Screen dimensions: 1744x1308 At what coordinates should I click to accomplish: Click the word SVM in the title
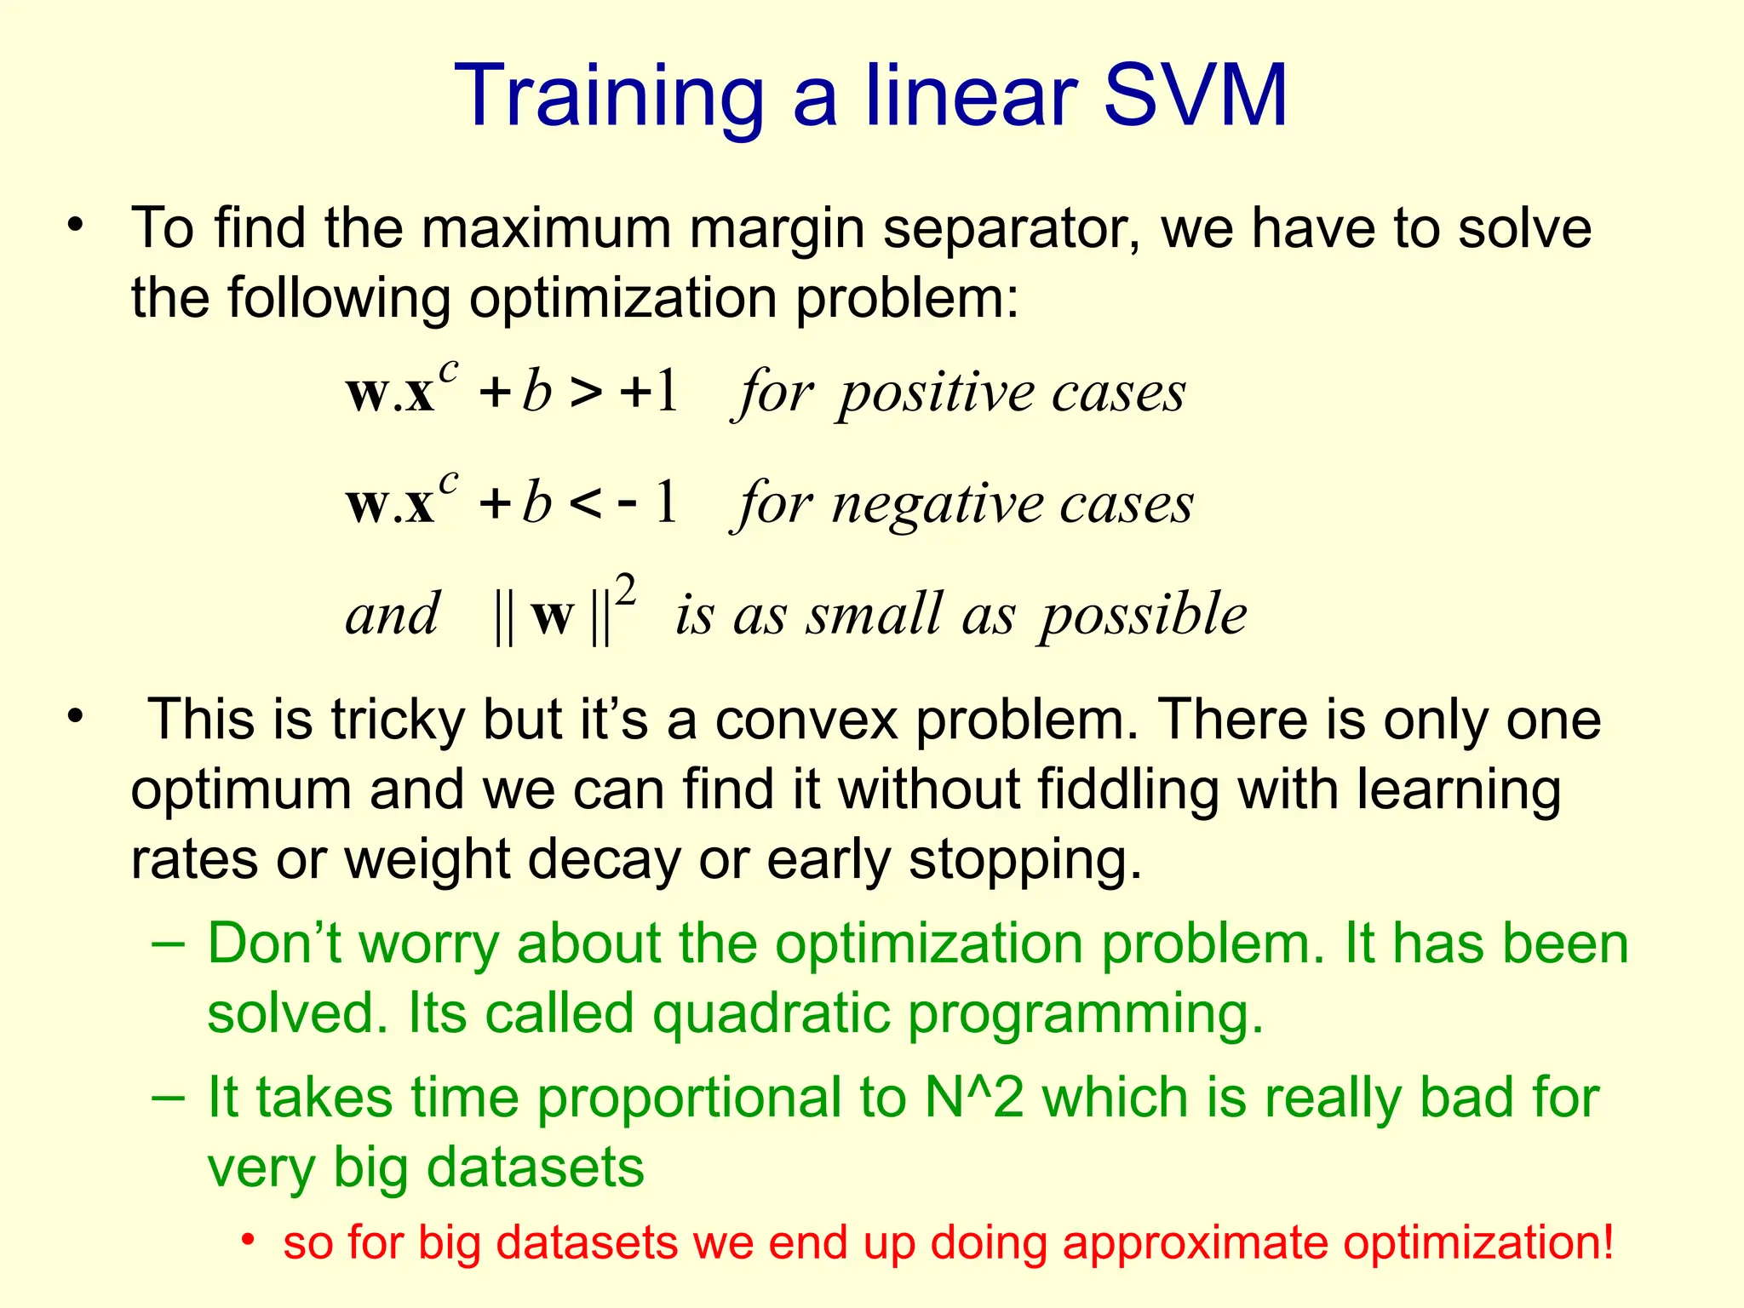coord(1195,95)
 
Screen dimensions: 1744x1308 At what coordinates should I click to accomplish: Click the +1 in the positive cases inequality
coord(650,393)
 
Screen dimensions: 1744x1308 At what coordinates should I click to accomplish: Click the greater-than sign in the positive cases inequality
coord(586,393)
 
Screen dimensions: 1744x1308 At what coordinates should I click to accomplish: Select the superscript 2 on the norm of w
coord(626,590)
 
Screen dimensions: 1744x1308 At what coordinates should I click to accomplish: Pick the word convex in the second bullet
coord(806,721)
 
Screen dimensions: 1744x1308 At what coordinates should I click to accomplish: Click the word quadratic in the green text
coord(771,1014)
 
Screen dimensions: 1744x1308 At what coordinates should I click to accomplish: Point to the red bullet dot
coord(248,1239)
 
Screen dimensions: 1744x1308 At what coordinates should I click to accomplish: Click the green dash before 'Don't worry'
coord(169,944)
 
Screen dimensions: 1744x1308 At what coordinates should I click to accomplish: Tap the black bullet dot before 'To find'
coord(77,226)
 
